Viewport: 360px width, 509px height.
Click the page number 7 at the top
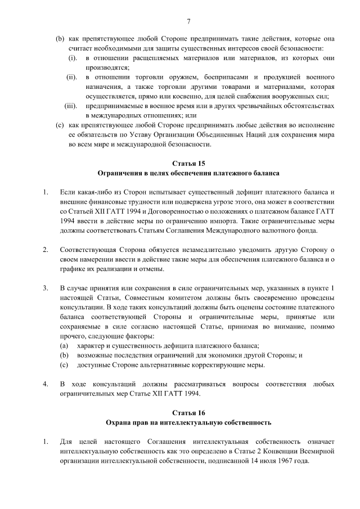[189, 21]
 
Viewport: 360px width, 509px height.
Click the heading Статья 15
[189, 163]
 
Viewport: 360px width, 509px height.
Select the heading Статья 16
[189, 412]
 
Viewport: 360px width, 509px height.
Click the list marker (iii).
[71, 105]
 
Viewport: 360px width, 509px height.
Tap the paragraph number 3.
[44, 288]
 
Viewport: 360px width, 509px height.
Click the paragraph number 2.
[44, 249]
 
